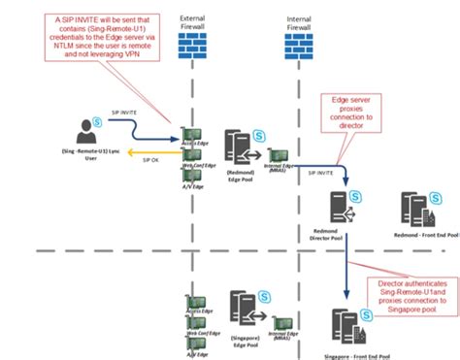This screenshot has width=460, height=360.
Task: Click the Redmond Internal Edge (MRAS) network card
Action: [279, 154]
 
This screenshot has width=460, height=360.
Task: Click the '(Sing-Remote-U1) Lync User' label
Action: [76, 159]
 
